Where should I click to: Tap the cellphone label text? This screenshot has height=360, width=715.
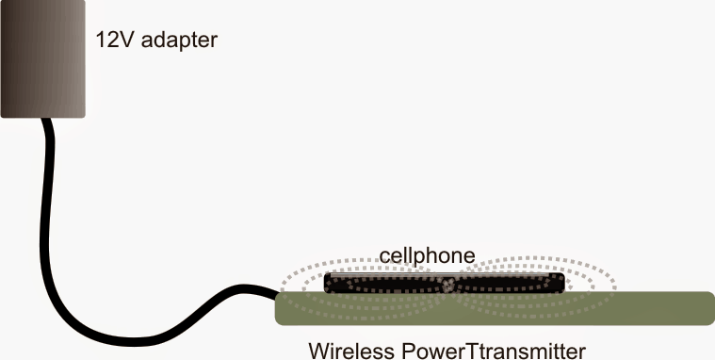click(426, 254)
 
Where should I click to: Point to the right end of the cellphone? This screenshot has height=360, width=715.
click(562, 283)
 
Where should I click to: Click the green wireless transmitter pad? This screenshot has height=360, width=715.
click(490, 309)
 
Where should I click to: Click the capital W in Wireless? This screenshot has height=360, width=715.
click(317, 350)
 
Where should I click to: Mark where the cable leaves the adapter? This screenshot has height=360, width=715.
click(43, 120)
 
